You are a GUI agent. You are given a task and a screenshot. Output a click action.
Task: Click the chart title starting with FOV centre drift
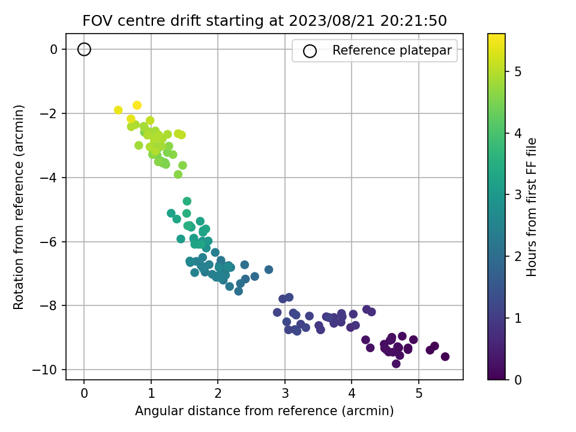265,20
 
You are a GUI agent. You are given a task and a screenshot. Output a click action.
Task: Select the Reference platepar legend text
392,50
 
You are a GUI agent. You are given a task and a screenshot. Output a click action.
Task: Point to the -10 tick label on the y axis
46,370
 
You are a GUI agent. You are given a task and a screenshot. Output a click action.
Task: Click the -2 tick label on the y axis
49,113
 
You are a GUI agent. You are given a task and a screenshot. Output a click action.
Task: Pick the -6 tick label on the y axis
49,242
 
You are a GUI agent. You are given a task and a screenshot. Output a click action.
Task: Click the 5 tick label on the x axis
419,394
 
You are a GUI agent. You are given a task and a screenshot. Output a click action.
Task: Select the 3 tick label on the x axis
285,394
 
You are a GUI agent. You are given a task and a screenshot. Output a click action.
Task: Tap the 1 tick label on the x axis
151,394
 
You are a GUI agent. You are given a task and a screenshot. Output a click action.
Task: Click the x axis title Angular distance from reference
264,410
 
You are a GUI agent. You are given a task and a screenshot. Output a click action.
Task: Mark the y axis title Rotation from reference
19,207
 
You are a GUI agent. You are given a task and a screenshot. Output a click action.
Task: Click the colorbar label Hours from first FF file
531,207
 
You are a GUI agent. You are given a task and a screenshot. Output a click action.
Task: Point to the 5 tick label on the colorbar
518,71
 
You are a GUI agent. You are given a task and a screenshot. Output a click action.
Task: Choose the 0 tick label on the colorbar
518,380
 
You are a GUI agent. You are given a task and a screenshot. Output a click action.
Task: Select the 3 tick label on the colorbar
518,194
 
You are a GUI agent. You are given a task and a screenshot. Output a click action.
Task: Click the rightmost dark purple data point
445,356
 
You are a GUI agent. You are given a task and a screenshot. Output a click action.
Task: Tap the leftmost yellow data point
118,110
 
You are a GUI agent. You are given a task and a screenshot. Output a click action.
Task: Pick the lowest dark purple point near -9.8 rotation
396,364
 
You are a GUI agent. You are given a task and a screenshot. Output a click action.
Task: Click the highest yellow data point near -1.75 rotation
137,106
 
